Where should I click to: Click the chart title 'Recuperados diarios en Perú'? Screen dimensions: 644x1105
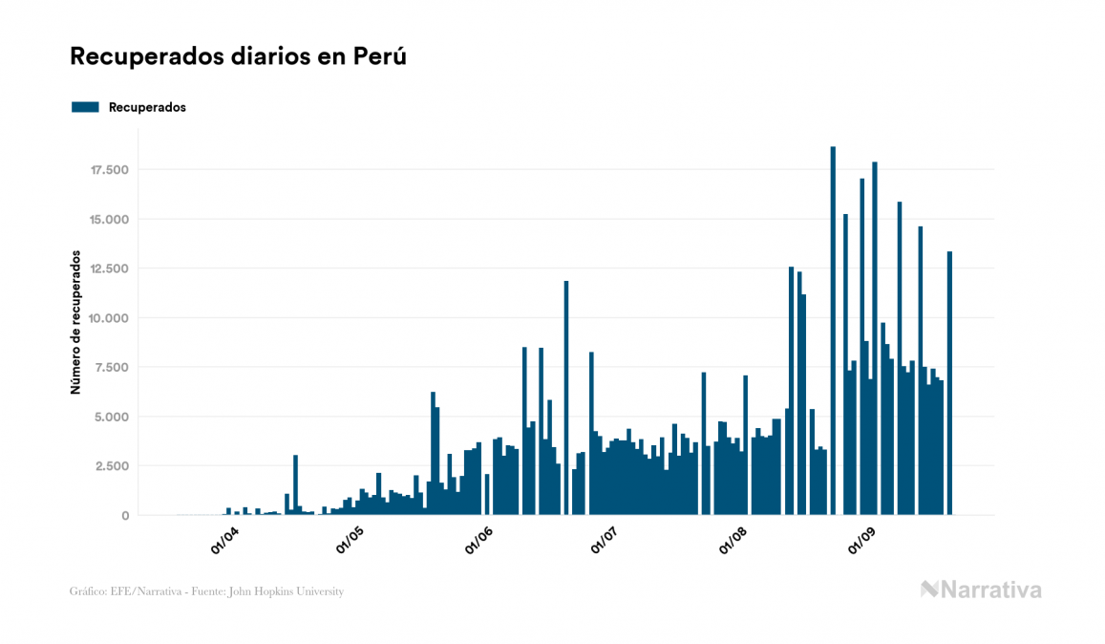(239, 57)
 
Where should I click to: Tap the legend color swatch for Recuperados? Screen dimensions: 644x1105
(86, 107)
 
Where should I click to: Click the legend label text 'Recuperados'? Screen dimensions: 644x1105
(147, 107)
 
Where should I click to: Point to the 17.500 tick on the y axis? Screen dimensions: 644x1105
(110, 170)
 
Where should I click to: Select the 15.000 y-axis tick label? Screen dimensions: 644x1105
(110, 220)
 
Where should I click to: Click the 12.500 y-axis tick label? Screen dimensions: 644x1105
(110, 268)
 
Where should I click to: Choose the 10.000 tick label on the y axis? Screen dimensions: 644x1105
(110, 318)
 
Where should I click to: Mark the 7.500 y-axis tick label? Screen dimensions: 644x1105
(114, 368)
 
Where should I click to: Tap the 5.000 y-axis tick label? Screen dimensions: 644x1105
(114, 417)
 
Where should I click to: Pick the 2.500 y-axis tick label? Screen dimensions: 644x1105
(114, 466)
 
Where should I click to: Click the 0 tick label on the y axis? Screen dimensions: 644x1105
(125, 516)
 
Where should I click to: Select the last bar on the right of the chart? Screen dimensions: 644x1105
(949, 382)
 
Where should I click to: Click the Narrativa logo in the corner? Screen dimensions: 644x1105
(981, 590)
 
